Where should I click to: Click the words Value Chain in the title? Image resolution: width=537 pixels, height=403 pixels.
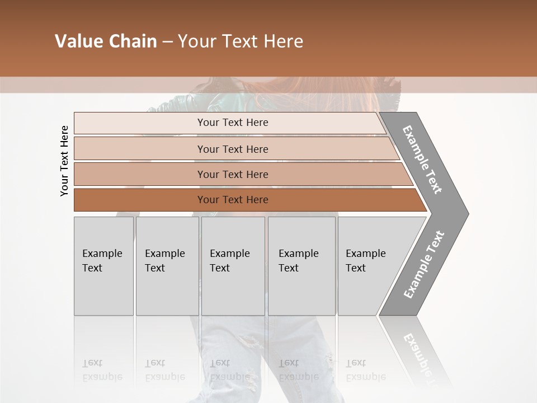coord(106,41)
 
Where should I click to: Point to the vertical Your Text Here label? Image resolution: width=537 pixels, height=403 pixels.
coord(64,161)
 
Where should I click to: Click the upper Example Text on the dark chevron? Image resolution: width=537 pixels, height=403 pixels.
coord(422,160)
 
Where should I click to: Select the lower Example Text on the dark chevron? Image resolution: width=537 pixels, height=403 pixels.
coord(423,265)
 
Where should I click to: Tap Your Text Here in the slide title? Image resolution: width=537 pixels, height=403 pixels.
coord(241,41)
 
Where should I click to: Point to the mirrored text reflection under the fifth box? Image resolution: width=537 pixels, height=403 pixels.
coord(366,370)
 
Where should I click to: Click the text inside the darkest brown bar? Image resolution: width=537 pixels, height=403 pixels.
coord(233,200)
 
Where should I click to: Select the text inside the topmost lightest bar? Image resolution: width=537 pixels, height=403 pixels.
coord(233,123)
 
